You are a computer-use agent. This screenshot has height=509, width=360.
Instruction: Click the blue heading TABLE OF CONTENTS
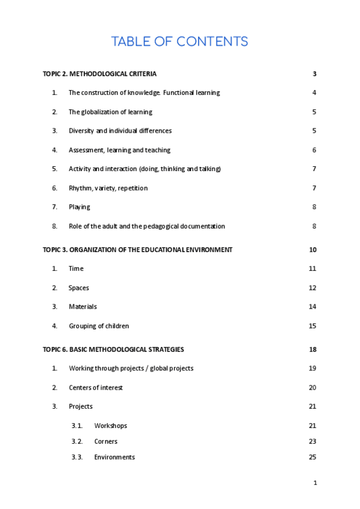[x=179, y=41]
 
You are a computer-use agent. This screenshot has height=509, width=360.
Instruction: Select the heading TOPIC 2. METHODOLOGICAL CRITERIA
[x=100, y=74]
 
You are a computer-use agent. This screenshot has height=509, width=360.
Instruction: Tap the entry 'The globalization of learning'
[x=110, y=112]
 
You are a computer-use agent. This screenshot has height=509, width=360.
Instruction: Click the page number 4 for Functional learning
[x=314, y=92]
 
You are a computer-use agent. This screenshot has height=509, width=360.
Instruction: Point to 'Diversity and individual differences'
[x=120, y=131]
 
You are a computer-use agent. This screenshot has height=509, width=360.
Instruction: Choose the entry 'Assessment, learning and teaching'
[x=119, y=150]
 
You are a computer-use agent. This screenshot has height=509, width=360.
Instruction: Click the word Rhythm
[x=80, y=188]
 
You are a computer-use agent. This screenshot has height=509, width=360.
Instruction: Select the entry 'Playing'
[x=79, y=207]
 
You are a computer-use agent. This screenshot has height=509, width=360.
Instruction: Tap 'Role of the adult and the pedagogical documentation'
[x=146, y=226]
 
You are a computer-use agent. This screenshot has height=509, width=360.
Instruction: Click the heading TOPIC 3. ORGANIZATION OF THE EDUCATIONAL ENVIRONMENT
[x=137, y=250]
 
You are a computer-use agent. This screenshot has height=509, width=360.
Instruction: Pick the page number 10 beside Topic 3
[x=312, y=250]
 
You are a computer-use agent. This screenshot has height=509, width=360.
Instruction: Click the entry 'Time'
[x=76, y=269]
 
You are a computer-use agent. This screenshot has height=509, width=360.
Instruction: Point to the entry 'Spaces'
[x=79, y=288]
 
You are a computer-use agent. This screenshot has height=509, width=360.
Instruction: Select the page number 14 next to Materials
[x=312, y=307]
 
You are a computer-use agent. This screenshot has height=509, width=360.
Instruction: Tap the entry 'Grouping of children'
[x=99, y=326]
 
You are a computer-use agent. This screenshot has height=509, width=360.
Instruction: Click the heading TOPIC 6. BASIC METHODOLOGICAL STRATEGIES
[x=113, y=349]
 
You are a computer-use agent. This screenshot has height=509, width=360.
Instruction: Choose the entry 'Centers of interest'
[x=95, y=388]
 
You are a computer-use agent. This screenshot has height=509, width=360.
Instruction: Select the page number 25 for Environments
[x=312, y=457]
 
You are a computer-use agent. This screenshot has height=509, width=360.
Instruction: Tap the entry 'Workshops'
[x=110, y=426]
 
